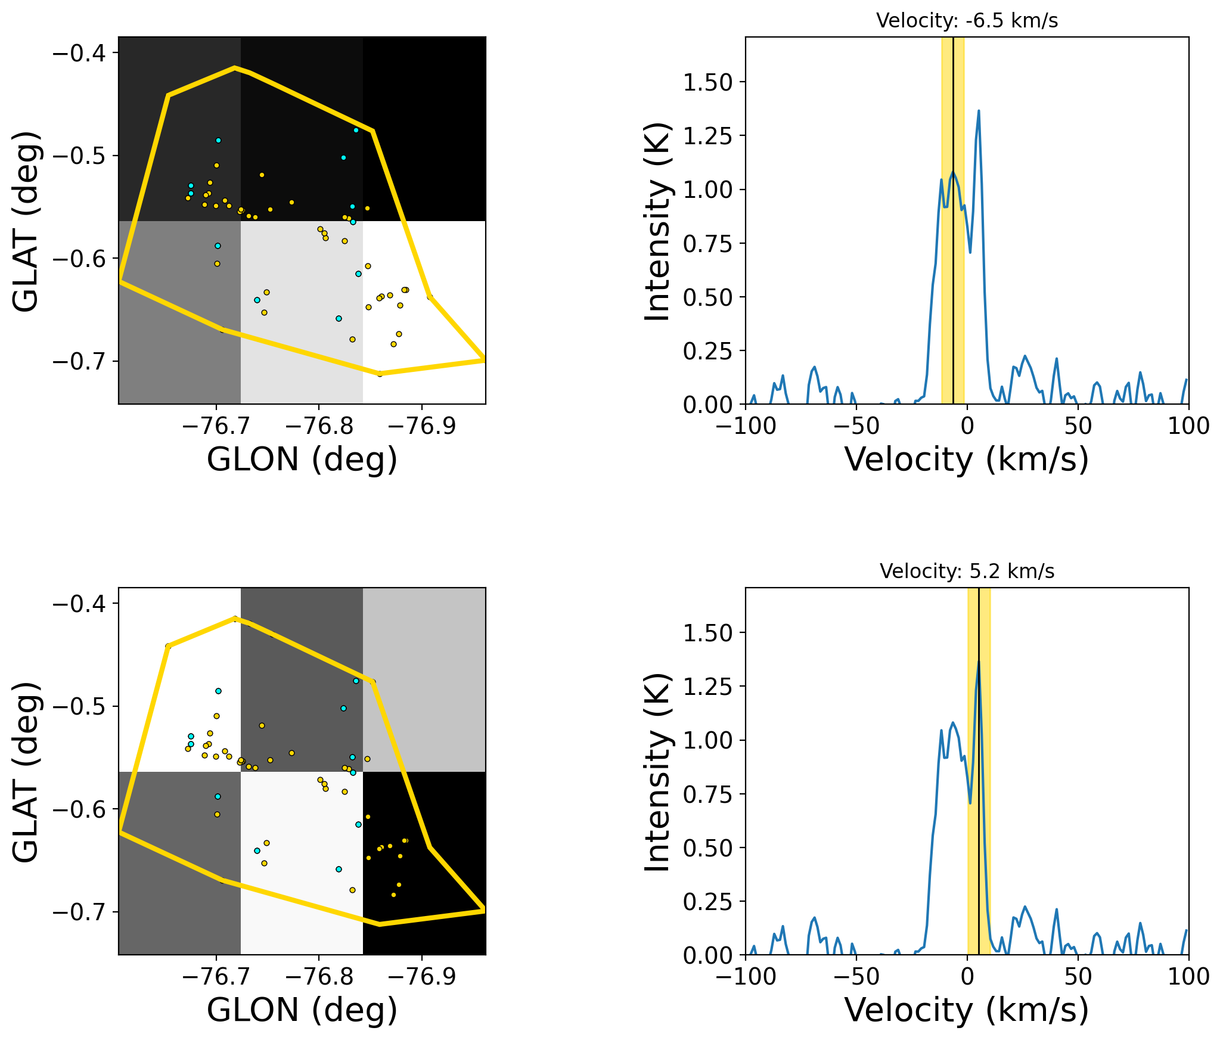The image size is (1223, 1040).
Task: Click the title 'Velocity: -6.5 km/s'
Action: tap(967, 21)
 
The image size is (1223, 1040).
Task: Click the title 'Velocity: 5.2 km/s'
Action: tap(967, 572)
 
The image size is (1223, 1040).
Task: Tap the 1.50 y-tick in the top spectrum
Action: tap(707, 82)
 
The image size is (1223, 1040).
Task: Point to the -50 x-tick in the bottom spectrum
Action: tap(856, 976)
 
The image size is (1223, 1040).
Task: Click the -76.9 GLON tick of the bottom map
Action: tap(422, 976)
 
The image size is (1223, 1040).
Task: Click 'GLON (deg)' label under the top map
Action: tap(302, 460)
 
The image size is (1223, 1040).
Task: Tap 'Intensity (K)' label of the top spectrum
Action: tap(658, 221)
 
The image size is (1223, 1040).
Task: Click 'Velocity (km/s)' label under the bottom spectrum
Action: tap(967, 1010)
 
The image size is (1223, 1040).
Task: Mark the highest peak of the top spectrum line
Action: tap(979, 111)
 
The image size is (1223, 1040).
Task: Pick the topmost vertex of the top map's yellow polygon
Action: tap(235, 67)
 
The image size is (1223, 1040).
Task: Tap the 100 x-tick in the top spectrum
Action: tap(1188, 426)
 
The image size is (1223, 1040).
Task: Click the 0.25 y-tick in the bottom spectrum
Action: tap(707, 902)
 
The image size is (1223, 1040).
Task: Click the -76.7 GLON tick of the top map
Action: tap(216, 426)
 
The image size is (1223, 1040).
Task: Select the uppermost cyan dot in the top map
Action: tap(356, 130)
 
